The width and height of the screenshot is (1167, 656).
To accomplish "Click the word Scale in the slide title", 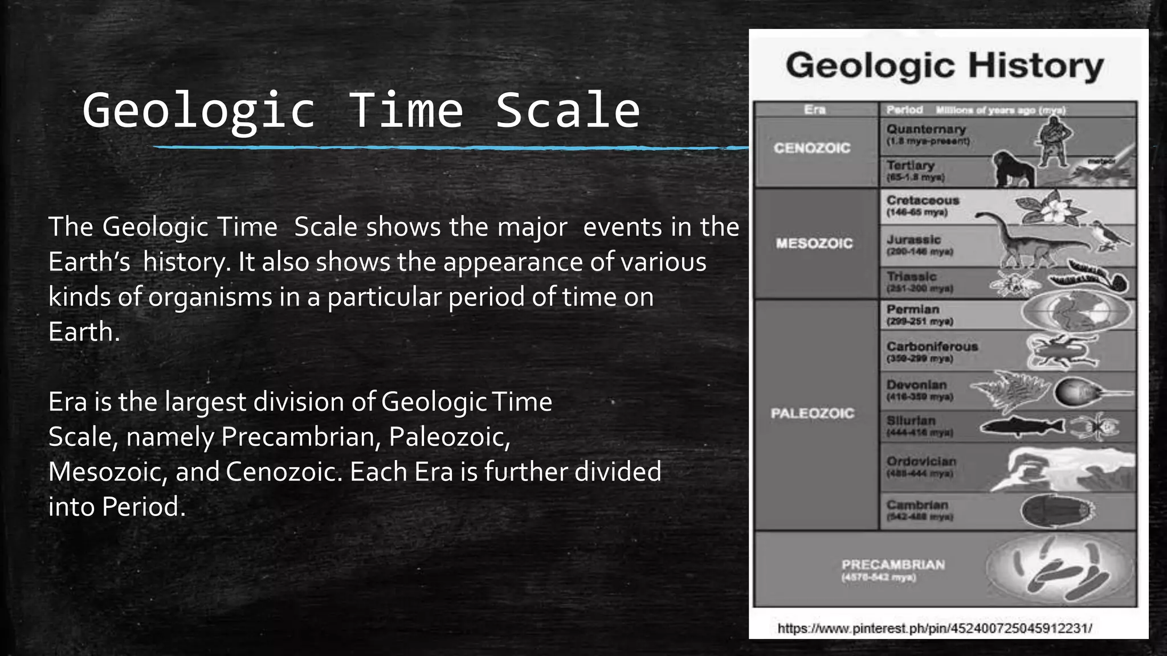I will coord(568,110).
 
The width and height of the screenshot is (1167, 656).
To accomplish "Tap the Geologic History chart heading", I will coord(944,66).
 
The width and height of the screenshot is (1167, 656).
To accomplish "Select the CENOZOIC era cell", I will coord(812,149).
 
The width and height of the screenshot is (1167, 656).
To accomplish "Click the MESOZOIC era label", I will coord(814,244).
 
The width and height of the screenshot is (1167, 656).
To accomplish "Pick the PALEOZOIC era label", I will coord(813,413).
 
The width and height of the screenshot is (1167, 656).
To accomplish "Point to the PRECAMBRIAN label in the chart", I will coord(893,565).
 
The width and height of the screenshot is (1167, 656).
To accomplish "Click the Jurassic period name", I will coord(913,240).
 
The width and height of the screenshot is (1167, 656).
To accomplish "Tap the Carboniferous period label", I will coord(932,347).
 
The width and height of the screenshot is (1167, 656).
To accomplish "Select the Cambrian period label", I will coord(917,505).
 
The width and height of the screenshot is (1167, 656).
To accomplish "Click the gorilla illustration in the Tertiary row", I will coord(1014,169).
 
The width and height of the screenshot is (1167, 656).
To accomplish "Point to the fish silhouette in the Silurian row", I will coord(1021,427).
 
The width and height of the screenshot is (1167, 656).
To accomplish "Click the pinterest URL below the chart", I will coord(935,629).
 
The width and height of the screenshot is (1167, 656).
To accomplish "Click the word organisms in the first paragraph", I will coord(210,297).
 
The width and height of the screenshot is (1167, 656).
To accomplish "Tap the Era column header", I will coord(814,109).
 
